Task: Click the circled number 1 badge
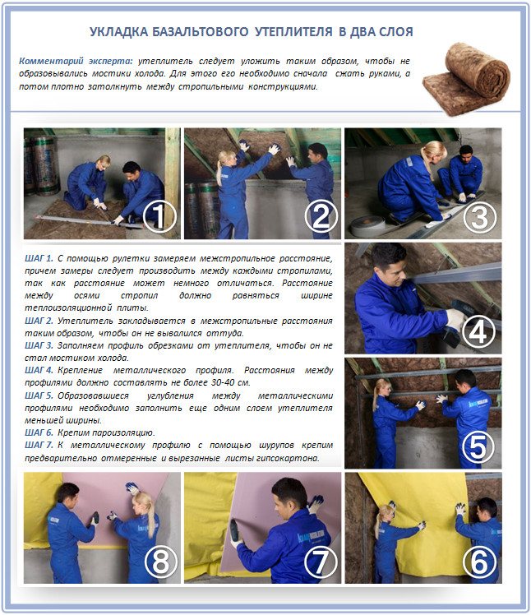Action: click(159, 217)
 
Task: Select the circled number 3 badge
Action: click(479, 217)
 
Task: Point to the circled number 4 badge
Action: click(479, 333)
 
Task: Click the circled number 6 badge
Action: click(479, 562)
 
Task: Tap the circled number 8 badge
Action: click(159, 562)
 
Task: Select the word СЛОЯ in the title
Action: click(393, 32)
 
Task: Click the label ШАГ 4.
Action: click(39, 370)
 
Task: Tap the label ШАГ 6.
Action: click(39, 432)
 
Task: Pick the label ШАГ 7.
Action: click(39, 445)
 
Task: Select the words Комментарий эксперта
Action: click(76, 62)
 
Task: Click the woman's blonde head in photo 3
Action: click(433, 150)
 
